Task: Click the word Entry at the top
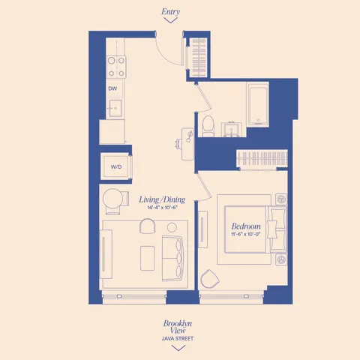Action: (171, 12)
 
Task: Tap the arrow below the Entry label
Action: (171, 22)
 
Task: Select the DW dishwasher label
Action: (112, 88)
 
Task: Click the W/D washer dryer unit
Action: (116, 166)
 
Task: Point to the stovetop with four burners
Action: (115, 67)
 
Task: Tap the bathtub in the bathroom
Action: (258, 105)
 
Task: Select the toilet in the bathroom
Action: (208, 125)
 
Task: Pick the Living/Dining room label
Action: (162, 199)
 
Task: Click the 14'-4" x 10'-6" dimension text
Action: (162, 208)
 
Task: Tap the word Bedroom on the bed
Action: (246, 226)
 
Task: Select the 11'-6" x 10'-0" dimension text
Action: (246, 235)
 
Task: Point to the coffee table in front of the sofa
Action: (147, 255)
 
